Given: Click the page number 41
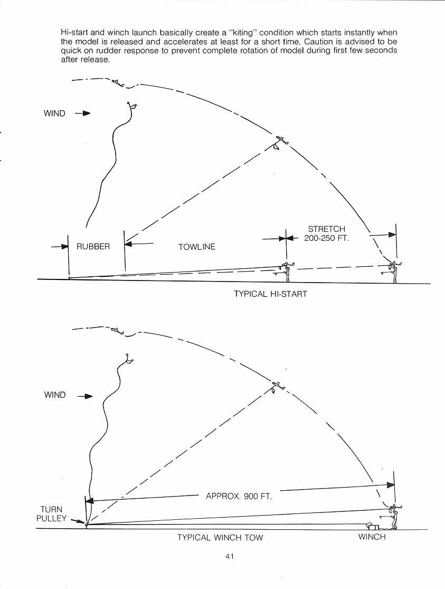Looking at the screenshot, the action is click(230, 556).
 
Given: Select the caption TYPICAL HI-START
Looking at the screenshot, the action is click(270, 294).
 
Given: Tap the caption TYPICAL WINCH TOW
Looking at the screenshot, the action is click(220, 538).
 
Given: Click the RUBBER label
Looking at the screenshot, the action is click(93, 246).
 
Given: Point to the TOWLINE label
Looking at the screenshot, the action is click(197, 247).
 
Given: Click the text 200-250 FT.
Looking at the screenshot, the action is click(326, 238).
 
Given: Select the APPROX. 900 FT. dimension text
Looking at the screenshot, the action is click(239, 496).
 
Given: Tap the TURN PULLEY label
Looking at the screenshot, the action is click(51, 514).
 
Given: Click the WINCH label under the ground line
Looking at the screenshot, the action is click(372, 537).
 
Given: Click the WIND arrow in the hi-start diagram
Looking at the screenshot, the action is click(83, 113).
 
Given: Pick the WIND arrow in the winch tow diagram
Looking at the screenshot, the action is click(85, 396).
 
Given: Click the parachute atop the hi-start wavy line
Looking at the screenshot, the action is click(132, 106).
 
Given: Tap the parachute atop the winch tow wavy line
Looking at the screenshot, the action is click(129, 359).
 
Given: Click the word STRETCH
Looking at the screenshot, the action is click(326, 229).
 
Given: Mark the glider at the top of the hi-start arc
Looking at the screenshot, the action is click(118, 82).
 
